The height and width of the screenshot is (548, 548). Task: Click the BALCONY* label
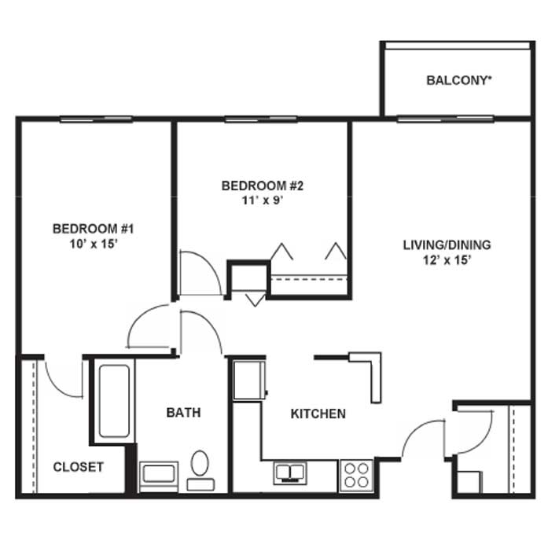tap(459, 80)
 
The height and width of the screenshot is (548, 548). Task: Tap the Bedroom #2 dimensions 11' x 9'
tap(263, 200)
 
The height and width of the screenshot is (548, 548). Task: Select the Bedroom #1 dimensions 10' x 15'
tap(94, 244)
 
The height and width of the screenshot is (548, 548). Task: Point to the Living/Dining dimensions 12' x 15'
tap(447, 260)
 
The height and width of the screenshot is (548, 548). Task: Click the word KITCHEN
tap(318, 414)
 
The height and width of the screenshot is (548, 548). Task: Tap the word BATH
tap(183, 413)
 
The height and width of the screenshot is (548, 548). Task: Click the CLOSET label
tap(79, 467)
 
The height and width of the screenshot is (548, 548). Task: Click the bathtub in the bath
tap(114, 401)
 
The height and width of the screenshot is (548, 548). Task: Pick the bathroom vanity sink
tap(159, 476)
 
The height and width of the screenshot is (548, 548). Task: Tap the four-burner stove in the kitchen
tap(356, 476)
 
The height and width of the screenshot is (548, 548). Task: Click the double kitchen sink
tap(290, 473)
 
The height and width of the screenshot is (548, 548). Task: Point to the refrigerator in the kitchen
tap(249, 381)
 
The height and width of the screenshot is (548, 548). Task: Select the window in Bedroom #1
tap(96, 120)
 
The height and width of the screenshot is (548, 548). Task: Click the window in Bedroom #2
tap(261, 120)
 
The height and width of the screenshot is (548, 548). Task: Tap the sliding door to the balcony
tap(445, 119)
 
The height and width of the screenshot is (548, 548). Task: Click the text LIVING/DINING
tap(447, 245)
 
